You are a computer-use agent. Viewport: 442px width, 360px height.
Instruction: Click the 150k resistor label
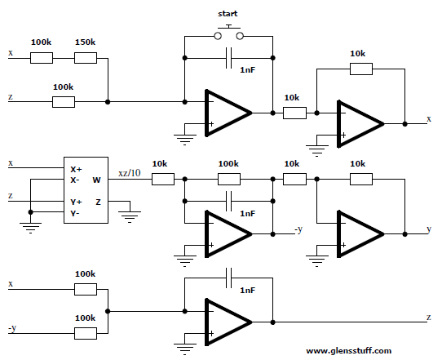pyautogui.click(x=85, y=42)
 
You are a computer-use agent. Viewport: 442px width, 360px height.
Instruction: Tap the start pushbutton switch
pyautogui.click(x=228, y=33)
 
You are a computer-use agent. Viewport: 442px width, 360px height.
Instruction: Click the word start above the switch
pyautogui.click(x=228, y=14)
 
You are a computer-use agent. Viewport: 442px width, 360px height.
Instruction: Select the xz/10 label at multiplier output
pyautogui.click(x=130, y=173)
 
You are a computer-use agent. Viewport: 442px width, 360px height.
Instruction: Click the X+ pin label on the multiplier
pyautogui.click(x=76, y=169)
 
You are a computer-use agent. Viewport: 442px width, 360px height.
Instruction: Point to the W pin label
pyautogui.click(x=96, y=180)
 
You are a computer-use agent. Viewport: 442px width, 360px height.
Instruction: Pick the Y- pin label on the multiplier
pyautogui.click(x=75, y=213)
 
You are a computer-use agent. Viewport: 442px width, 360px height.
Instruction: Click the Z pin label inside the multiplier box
pyautogui.click(x=98, y=202)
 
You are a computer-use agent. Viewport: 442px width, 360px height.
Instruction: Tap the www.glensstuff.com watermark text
pyautogui.click(x=349, y=351)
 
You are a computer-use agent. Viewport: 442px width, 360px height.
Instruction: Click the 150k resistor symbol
pyautogui.click(x=86, y=58)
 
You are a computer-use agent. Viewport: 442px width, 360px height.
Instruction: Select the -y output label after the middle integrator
pyautogui.click(x=298, y=229)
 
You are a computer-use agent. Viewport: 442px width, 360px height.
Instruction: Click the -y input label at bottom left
pyautogui.click(x=12, y=328)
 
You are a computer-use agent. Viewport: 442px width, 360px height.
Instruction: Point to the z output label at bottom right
pyautogui.click(x=429, y=318)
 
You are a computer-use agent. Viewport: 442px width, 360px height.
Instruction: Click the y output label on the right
pyautogui.click(x=429, y=229)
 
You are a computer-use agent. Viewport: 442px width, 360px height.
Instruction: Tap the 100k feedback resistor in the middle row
pyautogui.click(x=229, y=179)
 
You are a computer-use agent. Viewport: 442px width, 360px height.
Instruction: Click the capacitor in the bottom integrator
pyautogui.click(x=228, y=278)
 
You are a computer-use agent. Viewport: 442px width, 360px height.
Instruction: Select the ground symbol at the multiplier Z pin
pyautogui.click(x=130, y=216)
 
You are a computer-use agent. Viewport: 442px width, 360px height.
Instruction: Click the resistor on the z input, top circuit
pyautogui.click(x=64, y=102)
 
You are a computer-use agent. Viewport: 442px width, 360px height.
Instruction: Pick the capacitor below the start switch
pyautogui.click(x=228, y=58)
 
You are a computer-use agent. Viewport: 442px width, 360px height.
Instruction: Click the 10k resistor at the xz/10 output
pyautogui.click(x=163, y=179)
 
